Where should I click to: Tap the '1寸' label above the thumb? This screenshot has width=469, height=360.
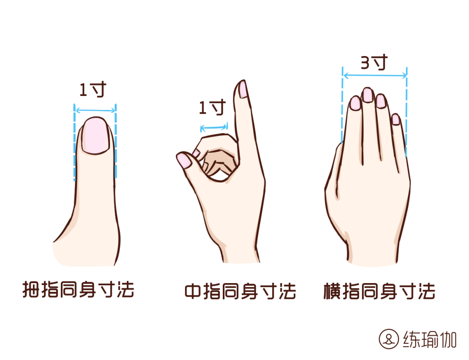tap(93, 89)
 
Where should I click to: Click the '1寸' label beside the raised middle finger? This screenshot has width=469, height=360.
tap(212, 107)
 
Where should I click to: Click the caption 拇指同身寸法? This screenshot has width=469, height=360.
tap(78, 289)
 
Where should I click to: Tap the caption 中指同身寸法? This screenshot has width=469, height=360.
tap(240, 291)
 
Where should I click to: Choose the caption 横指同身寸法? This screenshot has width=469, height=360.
tap(379, 291)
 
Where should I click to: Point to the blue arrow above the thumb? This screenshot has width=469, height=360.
tap(95, 110)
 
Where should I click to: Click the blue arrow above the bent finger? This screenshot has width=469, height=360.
tap(214, 128)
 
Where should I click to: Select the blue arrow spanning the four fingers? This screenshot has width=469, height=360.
tap(375, 76)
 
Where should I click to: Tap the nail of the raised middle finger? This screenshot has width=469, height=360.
tap(242, 89)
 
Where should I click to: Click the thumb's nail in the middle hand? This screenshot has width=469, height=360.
tap(184, 161)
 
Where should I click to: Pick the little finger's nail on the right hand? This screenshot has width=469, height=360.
tap(396, 119)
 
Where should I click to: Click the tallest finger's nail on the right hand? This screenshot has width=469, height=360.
tap(368, 95)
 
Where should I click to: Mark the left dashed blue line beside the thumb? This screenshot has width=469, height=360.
tap(75, 142)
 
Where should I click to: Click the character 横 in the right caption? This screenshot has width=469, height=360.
tap(332, 291)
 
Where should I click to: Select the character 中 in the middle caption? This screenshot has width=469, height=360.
tap(193, 291)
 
